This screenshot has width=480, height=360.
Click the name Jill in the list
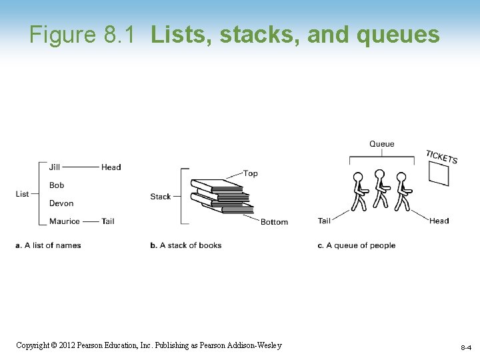coord(55,167)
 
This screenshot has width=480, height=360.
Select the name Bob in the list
coord(57,185)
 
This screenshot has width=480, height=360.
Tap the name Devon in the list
coord(61,203)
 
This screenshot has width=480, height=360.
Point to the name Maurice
coord(65,221)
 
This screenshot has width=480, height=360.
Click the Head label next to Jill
coord(111,167)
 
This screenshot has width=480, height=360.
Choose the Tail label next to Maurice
coord(108,221)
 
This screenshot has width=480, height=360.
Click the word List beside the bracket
coord(23,193)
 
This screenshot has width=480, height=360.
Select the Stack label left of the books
coord(161,196)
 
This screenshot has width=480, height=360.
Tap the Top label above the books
coord(251,173)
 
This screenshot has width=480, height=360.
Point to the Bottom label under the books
coord(274,221)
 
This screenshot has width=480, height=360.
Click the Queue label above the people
coord(382,144)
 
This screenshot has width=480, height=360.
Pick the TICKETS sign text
coord(442,157)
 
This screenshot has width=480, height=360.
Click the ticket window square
coord(439,174)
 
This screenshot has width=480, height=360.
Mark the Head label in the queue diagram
coord(439,221)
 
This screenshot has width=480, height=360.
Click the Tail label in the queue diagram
coord(325,221)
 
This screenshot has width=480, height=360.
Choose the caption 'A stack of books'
coord(191,245)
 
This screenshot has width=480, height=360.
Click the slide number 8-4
coord(465,348)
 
